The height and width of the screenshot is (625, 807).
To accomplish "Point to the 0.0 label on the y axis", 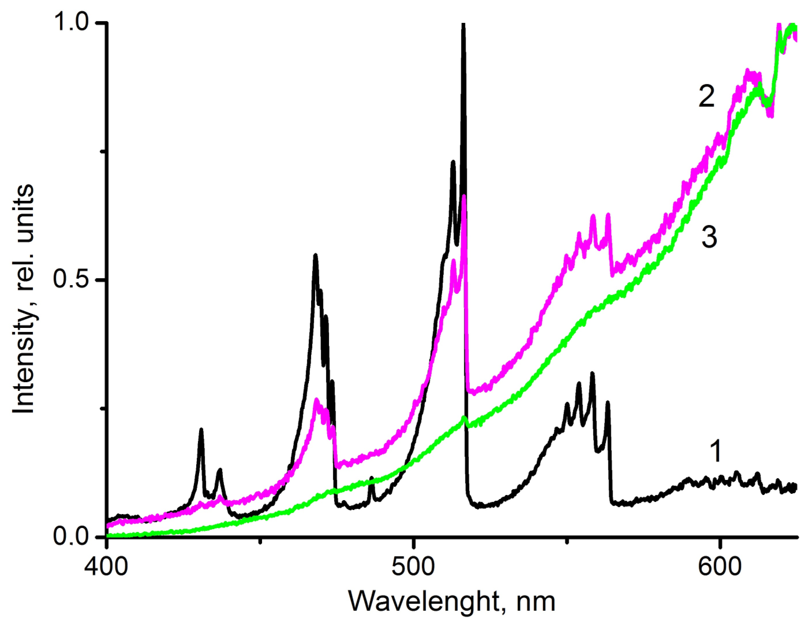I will point(71,537).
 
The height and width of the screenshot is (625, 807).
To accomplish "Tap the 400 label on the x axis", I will point(106,567).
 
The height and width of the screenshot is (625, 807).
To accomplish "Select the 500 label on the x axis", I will point(413,567).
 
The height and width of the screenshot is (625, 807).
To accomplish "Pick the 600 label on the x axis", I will point(719,567).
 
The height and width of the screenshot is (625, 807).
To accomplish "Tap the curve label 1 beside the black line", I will point(716,451).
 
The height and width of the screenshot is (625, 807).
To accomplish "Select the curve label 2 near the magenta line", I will point(706,97).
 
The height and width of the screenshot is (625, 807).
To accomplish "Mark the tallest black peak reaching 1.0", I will point(463,25).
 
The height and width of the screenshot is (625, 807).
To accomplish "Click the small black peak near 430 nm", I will point(201,430).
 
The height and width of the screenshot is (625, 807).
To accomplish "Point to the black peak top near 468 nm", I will point(316,256).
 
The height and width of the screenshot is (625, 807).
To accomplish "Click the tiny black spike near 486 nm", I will point(371,478).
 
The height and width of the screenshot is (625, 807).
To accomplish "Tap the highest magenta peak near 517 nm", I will point(464,196).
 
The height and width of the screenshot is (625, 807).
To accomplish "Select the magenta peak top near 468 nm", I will point(317,400).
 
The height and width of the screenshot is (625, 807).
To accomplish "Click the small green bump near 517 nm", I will point(464,418).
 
